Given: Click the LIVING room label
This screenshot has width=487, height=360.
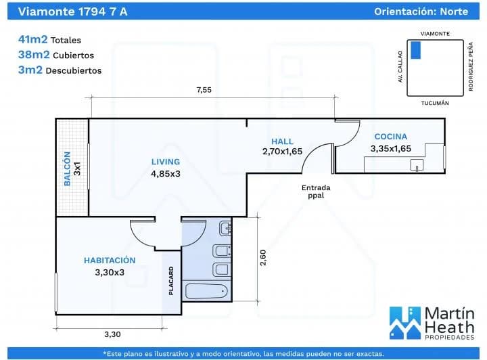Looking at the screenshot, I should (166, 162).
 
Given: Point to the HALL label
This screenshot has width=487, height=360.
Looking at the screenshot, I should (282, 141).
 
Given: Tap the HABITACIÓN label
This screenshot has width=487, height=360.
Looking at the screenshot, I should (110, 260).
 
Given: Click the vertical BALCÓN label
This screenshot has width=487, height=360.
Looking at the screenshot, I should (68, 168).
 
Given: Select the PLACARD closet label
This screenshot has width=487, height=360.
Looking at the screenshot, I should (171, 281).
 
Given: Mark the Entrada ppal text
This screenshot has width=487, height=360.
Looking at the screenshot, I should (316, 191).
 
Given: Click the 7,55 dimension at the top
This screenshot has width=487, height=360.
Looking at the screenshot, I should (204, 89).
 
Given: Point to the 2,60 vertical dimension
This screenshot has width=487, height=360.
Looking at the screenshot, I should (263, 258).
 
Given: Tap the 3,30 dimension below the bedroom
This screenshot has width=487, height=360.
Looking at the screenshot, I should (112, 334).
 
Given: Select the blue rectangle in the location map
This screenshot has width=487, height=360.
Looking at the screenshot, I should (416, 49).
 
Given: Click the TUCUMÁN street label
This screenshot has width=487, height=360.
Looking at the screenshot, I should (435, 103).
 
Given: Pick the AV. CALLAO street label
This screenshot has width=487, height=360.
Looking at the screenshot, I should (400, 66).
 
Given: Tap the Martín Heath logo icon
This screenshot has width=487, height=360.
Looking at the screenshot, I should (404, 323).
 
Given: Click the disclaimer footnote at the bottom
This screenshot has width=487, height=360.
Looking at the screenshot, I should (243, 353).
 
